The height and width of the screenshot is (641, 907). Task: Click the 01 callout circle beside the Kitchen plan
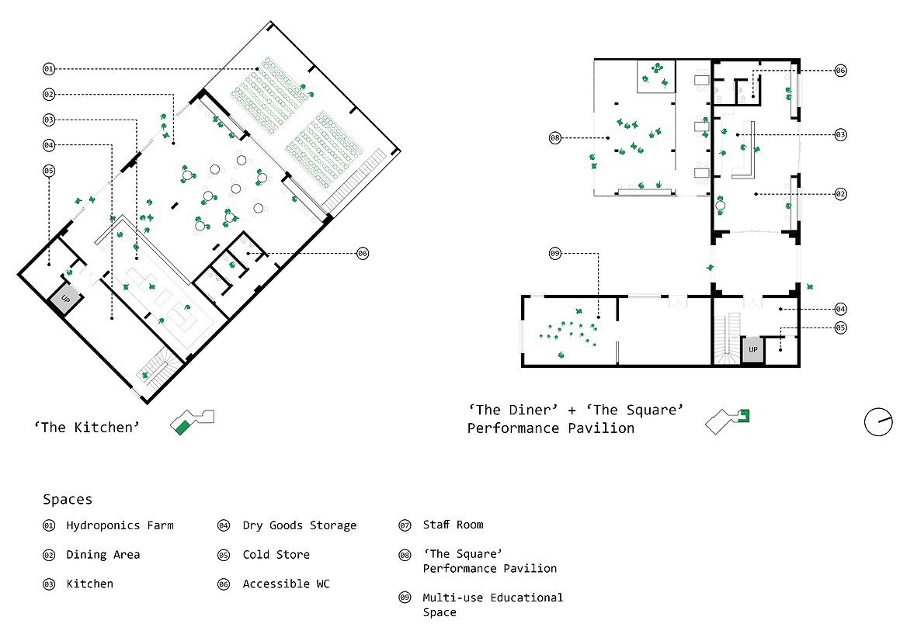pos(49,69)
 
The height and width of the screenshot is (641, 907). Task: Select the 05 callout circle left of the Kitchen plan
pos(49,171)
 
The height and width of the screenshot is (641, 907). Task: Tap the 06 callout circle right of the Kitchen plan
pos(363,253)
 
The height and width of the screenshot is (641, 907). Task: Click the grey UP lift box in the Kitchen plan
pos(65,299)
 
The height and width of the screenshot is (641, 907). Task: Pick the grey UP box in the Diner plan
pos(753,350)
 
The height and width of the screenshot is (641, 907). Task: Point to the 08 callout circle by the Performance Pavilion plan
pos(554,137)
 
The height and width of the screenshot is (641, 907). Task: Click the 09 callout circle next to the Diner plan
pos(554,253)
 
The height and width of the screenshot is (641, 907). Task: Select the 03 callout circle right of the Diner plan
pos(840,135)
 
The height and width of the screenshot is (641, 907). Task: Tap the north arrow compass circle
pos(878,421)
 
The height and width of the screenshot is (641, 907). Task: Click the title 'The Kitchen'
pos(87,427)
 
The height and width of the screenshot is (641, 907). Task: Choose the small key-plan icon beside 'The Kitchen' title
pos(192,421)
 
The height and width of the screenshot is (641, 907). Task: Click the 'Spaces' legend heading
pos(68,500)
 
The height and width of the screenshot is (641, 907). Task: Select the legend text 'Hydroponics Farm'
pos(120,525)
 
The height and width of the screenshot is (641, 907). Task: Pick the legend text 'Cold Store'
pos(276,554)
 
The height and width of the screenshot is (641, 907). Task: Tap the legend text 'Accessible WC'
pos(287,584)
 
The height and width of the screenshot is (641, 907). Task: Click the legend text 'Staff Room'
pos(453,525)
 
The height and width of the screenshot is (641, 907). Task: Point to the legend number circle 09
pos(405,598)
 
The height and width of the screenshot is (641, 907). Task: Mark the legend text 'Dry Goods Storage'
pos(300,525)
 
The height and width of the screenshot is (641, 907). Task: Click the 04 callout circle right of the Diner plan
pos(840,309)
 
